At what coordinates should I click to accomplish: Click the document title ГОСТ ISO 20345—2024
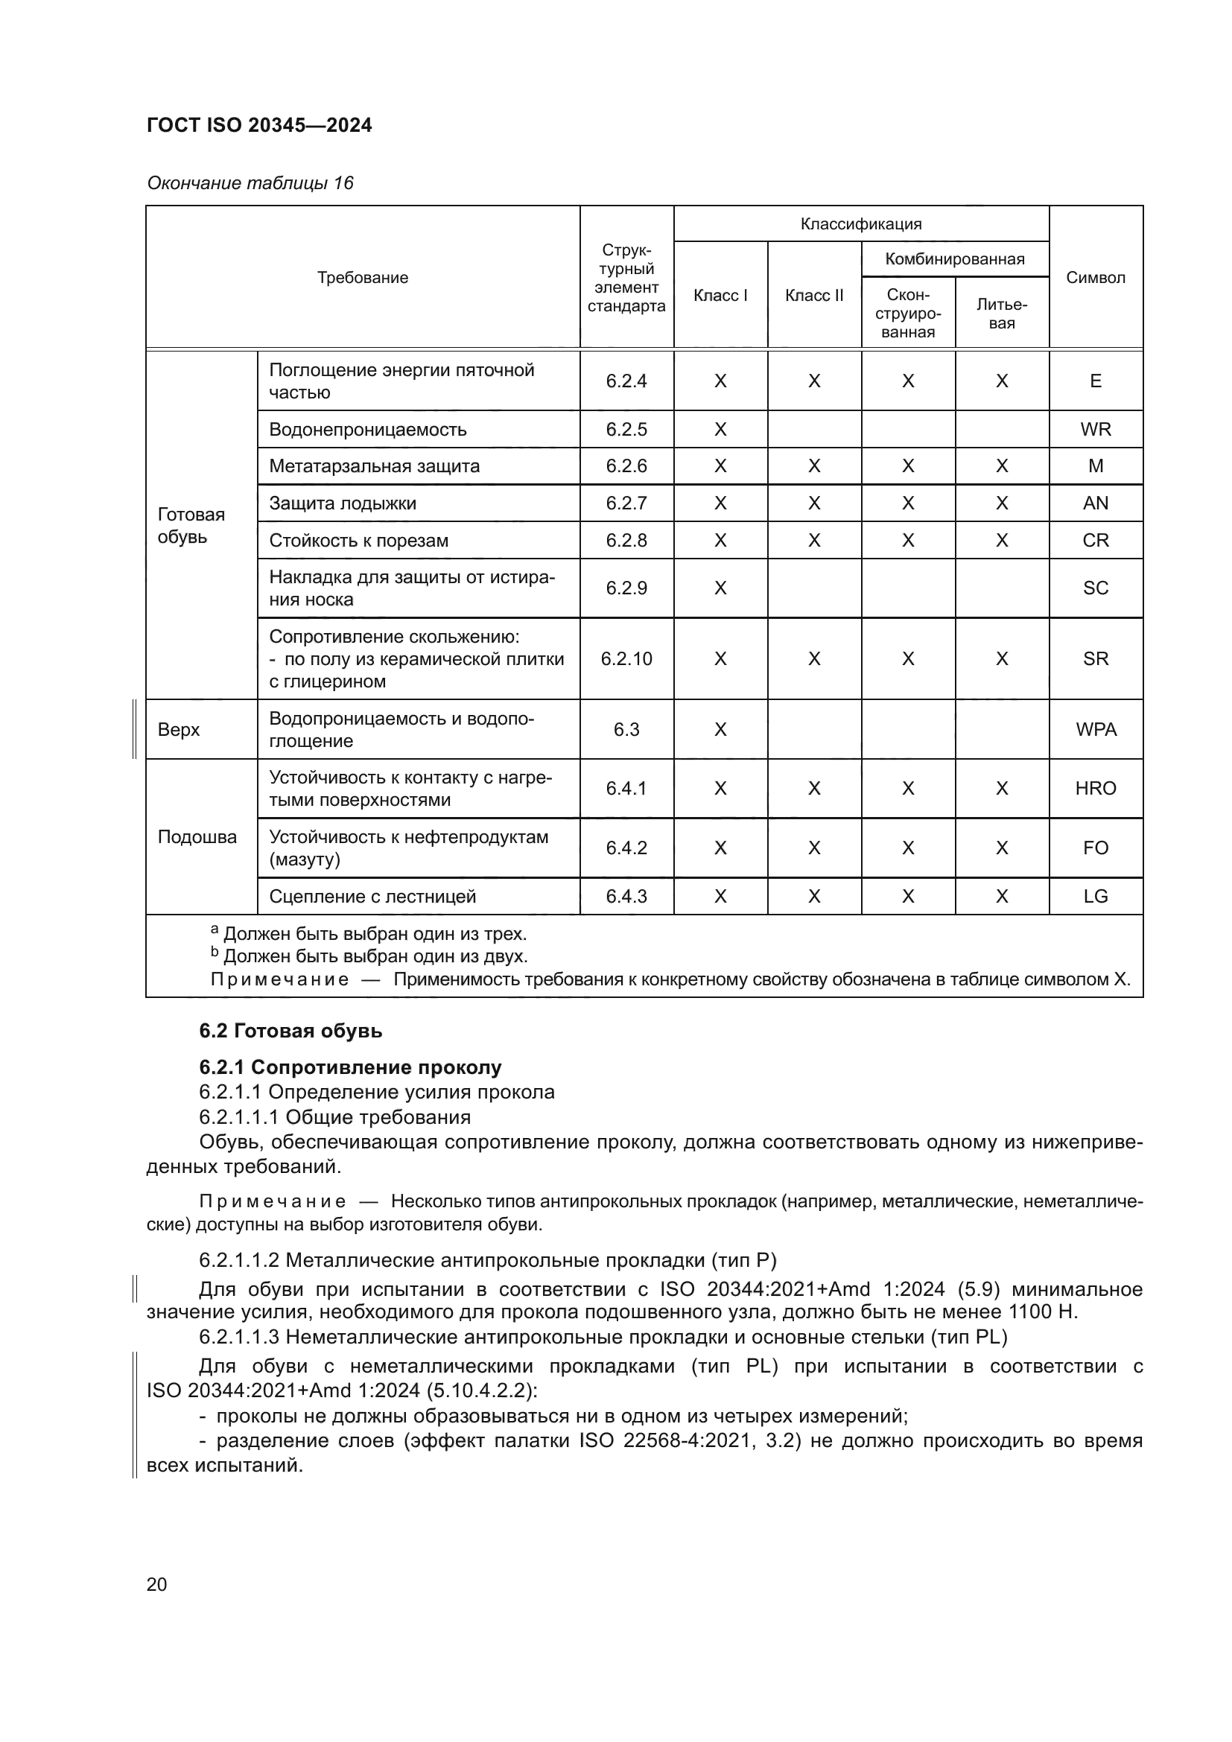[x=258, y=125]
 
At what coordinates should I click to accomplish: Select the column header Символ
[x=1095, y=278]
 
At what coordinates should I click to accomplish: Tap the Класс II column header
[x=813, y=296]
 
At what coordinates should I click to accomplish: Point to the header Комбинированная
[x=954, y=259]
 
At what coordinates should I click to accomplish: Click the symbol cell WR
[x=1095, y=430]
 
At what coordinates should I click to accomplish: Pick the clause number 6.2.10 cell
[x=626, y=658]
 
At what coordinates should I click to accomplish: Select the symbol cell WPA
[x=1096, y=729]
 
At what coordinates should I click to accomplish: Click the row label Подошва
[x=197, y=837]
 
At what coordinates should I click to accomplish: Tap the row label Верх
[x=178, y=729]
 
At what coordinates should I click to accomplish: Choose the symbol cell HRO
[x=1095, y=788]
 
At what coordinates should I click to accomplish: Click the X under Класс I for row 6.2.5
[x=720, y=430]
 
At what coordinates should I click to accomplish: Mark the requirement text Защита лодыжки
[x=342, y=503]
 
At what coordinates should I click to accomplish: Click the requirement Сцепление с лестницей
[x=372, y=896]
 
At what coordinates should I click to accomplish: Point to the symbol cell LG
[x=1095, y=896]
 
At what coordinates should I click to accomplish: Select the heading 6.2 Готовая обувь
[x=290, y=1030]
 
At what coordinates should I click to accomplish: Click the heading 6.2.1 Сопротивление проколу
[x=350, y=1067]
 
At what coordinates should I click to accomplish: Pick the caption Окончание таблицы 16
[x=250, y=183]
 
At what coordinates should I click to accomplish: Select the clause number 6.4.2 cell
[x=626, y=848]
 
